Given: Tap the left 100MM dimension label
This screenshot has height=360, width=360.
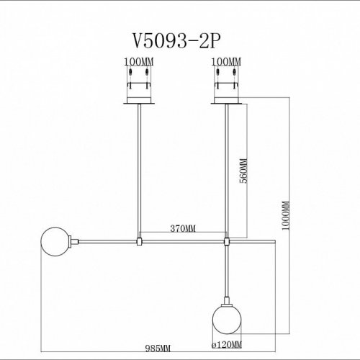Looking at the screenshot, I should [138, 62].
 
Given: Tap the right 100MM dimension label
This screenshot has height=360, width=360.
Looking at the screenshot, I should [227, 62].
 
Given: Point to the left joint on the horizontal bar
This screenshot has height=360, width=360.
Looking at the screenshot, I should [139, 240].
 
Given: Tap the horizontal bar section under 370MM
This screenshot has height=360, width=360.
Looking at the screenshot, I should [183, 240].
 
